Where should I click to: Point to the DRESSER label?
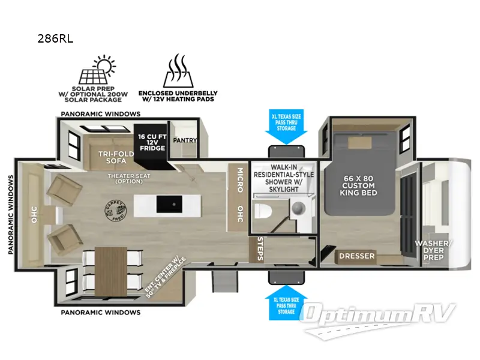coord(356,256)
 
